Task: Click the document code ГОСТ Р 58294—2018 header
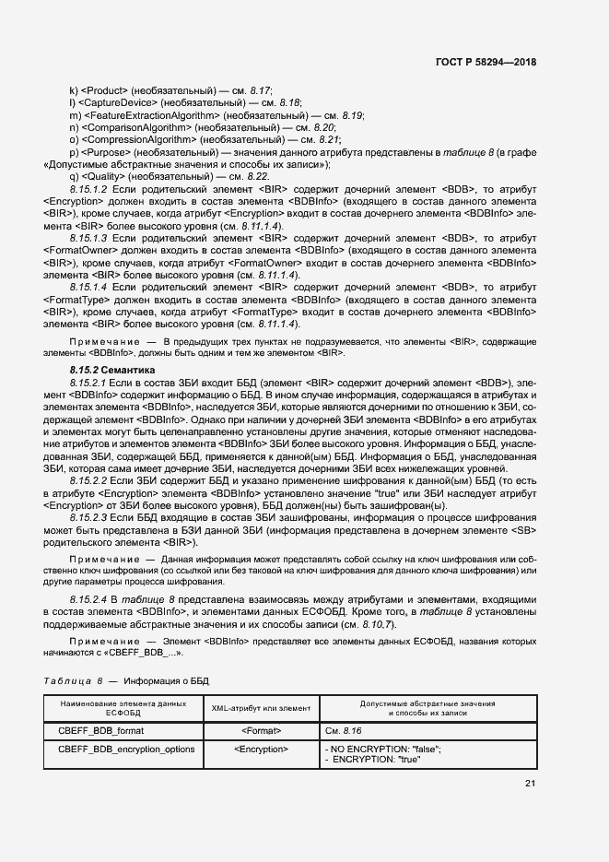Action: (486, 62)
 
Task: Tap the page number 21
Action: (530, 784)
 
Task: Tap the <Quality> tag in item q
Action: (104, 176)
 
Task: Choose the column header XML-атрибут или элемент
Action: (262, 708)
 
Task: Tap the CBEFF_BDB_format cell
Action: (101, 730)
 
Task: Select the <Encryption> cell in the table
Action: (262, 750)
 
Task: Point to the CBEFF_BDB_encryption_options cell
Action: (126, 750)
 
